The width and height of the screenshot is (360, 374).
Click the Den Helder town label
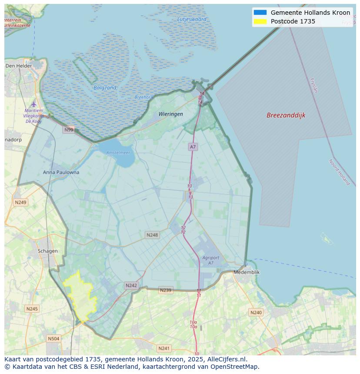pyautogui.click(x=19, y=66)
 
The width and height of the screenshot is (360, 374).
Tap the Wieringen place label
pyautogui.click(x=170, y=114)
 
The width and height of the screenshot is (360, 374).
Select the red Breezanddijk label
pyautogui.click(x=286, y=115)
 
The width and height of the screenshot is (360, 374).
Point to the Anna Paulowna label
pyautogui.click(x=61, y=172)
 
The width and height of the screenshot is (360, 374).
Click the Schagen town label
pyautogui.click(x=47, y=251)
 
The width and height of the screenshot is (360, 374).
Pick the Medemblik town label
pyautogui.click(x=247, y=272)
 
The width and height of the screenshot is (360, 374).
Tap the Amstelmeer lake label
pyautogui.click(x=118, y=152)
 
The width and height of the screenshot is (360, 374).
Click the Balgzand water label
pyautogui.click(x=105, y=88)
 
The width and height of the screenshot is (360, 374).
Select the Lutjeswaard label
pyautogui.click(x=192, y=19)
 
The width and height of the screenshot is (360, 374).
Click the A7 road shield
pyautogui.click(x=193, y=147)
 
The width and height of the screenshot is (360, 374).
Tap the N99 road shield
pyautogui.click(x=69, y=129)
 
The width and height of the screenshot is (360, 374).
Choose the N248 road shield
pyautogui.click(x=152, y=235)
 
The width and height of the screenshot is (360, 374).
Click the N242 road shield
pyautogui.click(x=131, y=285)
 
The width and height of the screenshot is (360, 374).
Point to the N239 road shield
pyautogui.click(x=165, y=290)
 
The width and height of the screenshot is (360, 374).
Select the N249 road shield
pyautogui.click(x=20, y=202)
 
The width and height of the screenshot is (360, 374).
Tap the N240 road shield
pyautogui.click(x=256, y=312)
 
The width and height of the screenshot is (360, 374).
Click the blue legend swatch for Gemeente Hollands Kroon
pyautogui.click(x=260, y=13)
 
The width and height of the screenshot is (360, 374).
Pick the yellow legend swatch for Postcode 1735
pyautogui.click(x=260, y=21)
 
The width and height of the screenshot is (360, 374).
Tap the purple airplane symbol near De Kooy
pyautogui.click(x=34, y=104)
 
